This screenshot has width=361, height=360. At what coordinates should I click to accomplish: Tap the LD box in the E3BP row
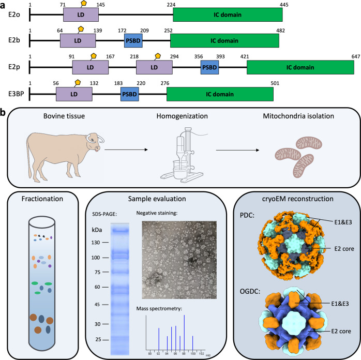(74, 94)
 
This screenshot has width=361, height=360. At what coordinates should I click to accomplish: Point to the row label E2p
(11, 67)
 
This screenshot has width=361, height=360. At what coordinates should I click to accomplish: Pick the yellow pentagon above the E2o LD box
(83, 3)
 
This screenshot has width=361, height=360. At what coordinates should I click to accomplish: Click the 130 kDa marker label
(96, 213)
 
